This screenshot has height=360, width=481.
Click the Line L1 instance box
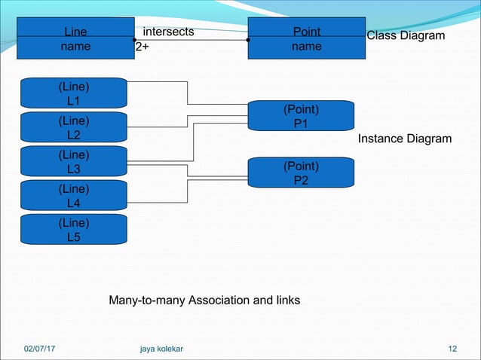(x=74, y=93)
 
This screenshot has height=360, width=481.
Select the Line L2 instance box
(x=74, y=128)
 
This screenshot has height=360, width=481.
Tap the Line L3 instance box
(x=74, y=162)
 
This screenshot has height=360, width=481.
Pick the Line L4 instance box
(x=74, y=196)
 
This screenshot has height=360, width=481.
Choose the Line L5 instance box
(x=74, y=230)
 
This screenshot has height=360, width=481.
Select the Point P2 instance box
(x=301, y=173)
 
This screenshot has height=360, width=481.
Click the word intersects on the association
(x=168, y=32)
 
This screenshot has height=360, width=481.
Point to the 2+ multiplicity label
(x=142, y=47)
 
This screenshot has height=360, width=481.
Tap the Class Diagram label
(x=406, y=35)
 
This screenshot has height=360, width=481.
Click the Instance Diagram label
(x=405, y=139)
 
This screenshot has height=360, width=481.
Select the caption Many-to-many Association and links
(x=204, y=301)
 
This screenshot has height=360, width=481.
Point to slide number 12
(x=452, y=349)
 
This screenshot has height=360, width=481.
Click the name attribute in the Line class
(x=75, y=47)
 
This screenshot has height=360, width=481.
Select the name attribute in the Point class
(x=307, y=47)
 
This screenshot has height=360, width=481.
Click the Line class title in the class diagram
(x=75, y=32)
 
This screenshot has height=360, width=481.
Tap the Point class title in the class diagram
(x=307, y=32)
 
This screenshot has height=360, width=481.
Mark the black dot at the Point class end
(x=248, y=40)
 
